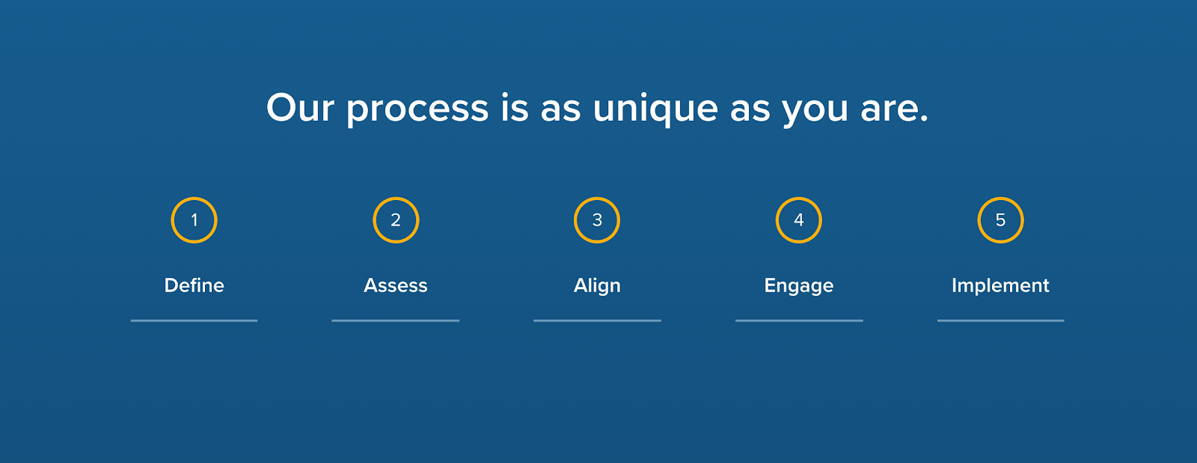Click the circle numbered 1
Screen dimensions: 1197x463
(172, 220)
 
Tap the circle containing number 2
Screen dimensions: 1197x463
(374, 220)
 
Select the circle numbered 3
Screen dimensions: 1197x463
(575, 220)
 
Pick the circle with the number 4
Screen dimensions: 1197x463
(777, 220)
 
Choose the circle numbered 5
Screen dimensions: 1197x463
(979, 220)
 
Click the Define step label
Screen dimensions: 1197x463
(194, 285)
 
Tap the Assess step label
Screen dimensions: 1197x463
(396, 285)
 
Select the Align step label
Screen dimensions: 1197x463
(597, 286)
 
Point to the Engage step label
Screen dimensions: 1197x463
(799, 286)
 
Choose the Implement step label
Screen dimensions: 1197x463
(1000, 286)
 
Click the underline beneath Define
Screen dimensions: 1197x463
(194, 321)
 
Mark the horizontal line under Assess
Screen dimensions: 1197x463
(396, 321)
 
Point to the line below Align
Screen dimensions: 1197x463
(597, 321)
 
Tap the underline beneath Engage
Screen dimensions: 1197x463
(799, 321)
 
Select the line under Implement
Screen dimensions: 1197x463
(1000, 321)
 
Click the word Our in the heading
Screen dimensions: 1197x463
(300, 108)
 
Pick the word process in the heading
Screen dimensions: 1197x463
(417, 111)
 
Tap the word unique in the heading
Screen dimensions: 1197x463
(655, 109)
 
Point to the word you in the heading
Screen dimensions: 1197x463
(815, 112)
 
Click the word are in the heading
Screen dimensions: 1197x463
(890, 109)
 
